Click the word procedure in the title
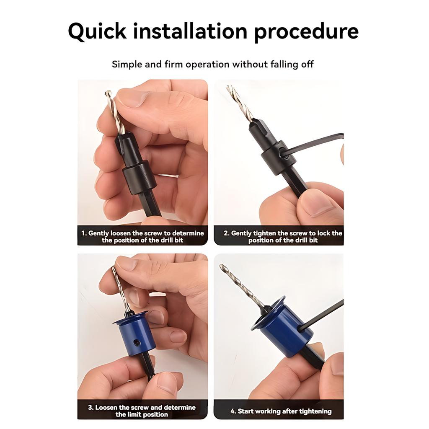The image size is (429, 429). (306, 32)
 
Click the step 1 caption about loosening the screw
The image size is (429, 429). (142, 236)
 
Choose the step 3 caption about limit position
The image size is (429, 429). (142, 411)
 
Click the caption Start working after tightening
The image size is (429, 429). (281, 411)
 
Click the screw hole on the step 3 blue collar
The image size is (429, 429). (137, 343)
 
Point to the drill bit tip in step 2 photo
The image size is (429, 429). (229, 88)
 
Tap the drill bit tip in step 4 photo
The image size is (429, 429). (222, 266)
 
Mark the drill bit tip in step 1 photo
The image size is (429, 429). (108, 93)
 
